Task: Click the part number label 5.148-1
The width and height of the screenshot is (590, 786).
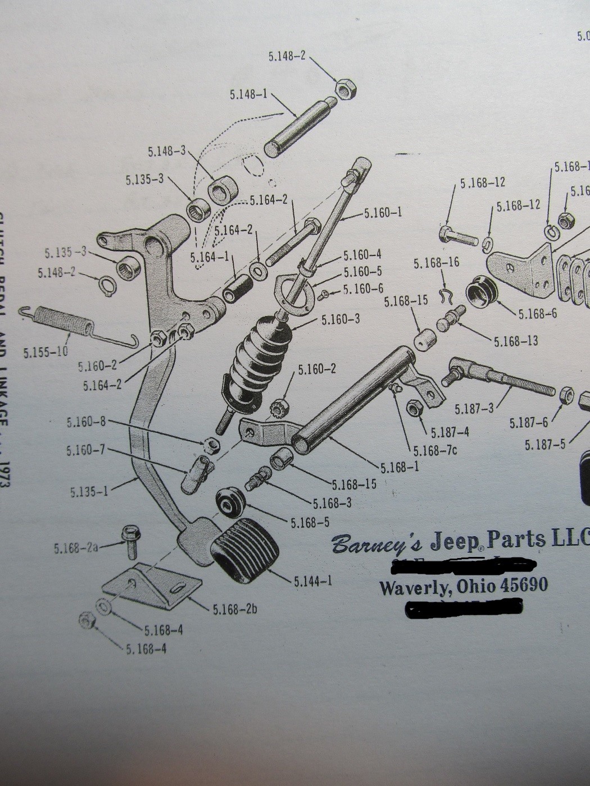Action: [x=249, y=94]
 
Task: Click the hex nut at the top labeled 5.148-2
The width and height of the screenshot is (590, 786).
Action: [x=344, y=89]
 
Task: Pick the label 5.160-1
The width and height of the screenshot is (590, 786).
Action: [x=383, y=213]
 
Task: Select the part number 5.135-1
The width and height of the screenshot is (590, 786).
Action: [x=89, y=492]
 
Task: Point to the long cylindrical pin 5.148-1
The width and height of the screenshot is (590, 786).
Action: [x=297, y=129]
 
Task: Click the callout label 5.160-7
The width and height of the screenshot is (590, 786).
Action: [x=85, y=450]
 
